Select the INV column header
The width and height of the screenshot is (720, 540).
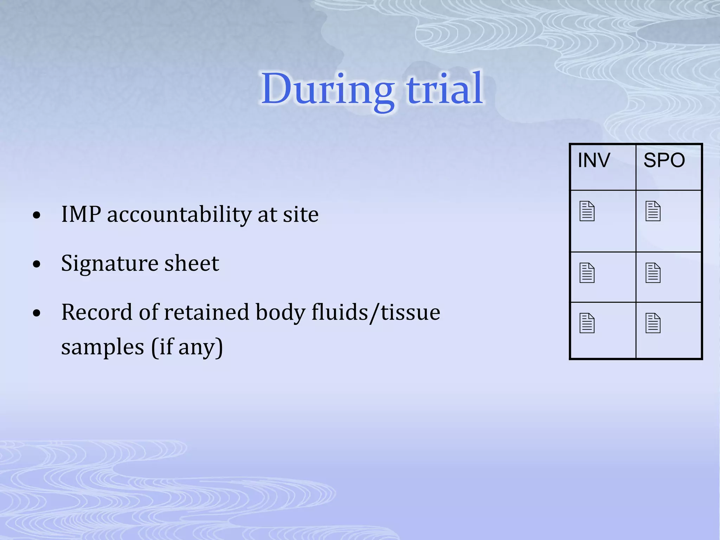coord(594,160)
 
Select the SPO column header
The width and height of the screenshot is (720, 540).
coord(664,160)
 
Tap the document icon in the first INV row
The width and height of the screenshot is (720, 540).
coord(587,211)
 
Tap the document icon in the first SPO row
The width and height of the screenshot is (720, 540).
coord(653,211)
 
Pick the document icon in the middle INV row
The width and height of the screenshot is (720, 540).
coord(587,273)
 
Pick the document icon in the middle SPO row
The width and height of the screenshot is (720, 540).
coord(653,273)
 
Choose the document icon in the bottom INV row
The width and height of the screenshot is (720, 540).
coord(587,323)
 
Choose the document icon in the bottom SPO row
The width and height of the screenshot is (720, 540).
coord(653,323)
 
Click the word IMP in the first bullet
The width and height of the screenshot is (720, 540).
coord(81,214)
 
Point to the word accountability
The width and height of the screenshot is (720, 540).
coord(179,215)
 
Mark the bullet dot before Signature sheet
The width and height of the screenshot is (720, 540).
coord(37,264)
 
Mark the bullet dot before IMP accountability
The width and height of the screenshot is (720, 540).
coord(37,215)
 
